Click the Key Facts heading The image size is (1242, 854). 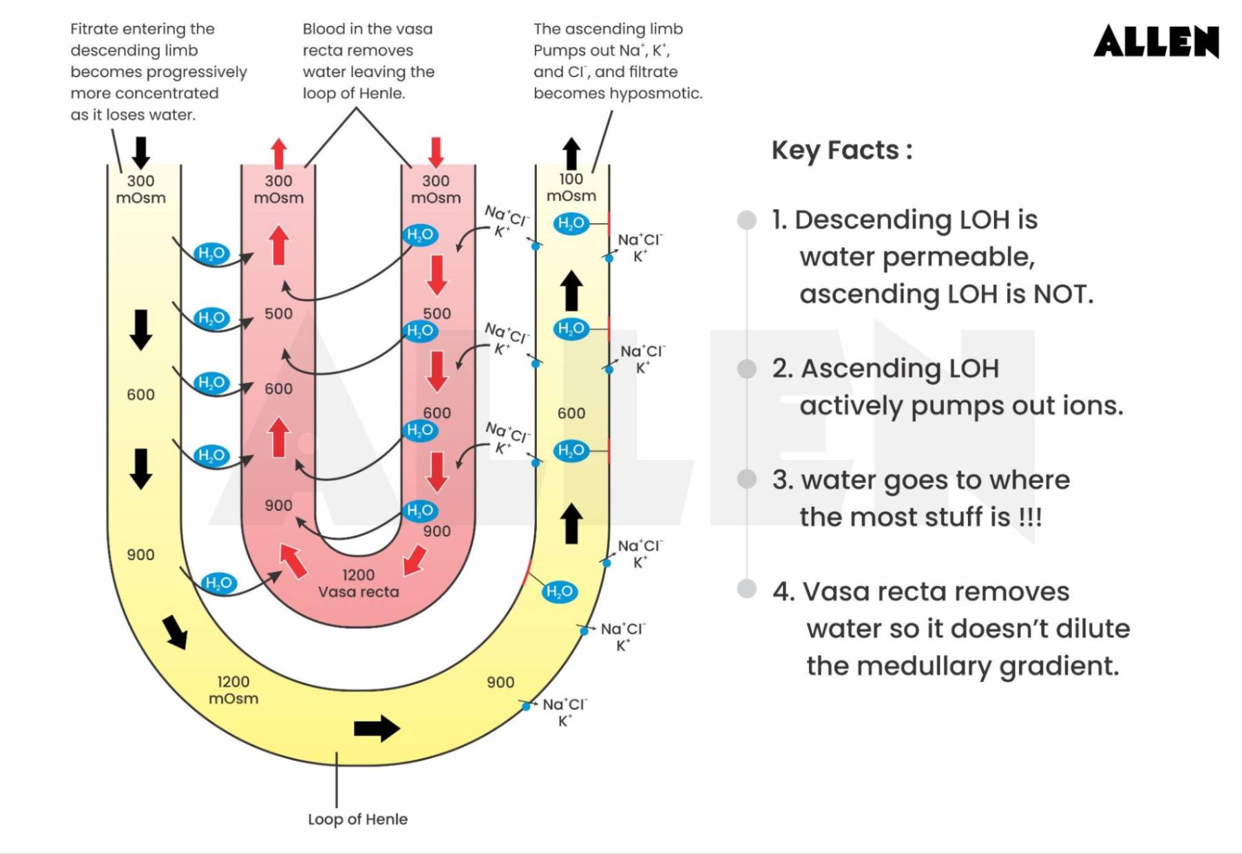point(841,150)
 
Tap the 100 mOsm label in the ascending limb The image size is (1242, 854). point(571,187)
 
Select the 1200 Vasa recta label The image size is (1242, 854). point(358,583)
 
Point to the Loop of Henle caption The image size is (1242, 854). point(357,819)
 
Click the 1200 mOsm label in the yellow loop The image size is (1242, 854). point(233,689)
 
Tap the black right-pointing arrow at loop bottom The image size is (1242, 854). point(377,728)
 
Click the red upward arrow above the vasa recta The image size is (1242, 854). point(278,153)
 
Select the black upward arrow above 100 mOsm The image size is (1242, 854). point(571,152)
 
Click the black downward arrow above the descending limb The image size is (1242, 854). point(140,152)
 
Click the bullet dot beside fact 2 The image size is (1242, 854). point(747,368)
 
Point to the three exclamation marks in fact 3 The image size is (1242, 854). point(1030,517)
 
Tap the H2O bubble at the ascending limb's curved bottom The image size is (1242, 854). point(559,591)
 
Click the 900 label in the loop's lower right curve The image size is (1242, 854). point(500,682)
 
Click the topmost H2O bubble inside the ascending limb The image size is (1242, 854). point(571,223)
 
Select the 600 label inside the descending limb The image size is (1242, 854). point(140,395)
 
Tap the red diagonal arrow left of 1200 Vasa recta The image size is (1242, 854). point(293,560)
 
